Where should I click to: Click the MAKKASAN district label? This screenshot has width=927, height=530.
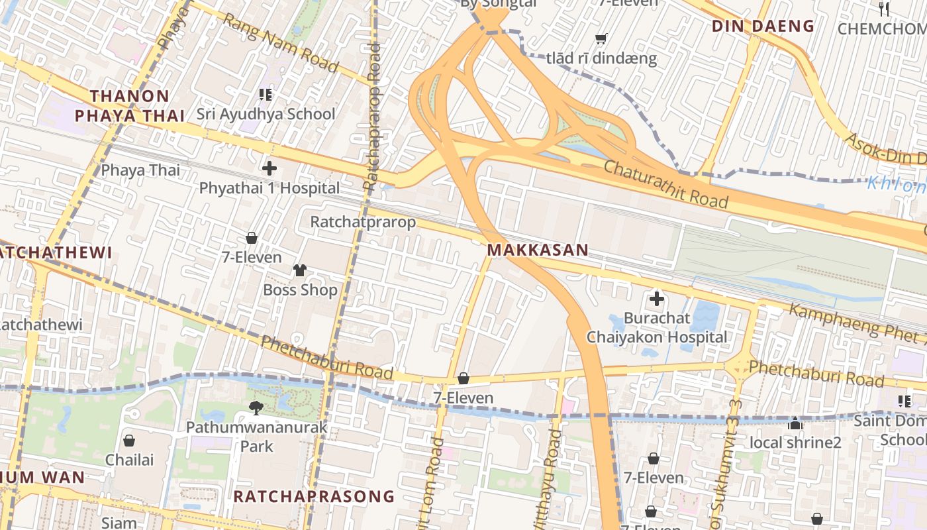(538, 250)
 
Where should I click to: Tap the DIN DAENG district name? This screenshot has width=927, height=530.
(763, 26)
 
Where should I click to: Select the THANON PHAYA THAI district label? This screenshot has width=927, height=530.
(130, 106)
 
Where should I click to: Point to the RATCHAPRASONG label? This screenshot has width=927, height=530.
(313, 496)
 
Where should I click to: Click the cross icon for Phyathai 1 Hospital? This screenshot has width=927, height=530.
(269, 168)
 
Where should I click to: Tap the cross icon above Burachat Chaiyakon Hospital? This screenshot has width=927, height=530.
(657, 299)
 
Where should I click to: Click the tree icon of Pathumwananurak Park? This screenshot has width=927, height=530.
(256, 407)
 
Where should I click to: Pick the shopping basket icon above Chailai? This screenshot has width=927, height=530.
(129, 441)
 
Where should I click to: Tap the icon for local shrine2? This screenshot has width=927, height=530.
(795, 423)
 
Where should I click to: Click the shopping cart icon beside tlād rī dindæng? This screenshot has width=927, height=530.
(601, 39)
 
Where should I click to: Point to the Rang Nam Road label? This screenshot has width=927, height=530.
(280, 43)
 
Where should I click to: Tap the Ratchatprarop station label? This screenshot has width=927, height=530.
(363, 222)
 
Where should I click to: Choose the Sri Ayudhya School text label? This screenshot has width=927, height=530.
(266, 114)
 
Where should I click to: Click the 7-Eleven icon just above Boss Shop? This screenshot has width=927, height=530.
(252, 238)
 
